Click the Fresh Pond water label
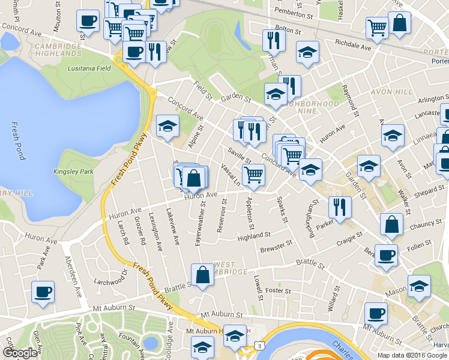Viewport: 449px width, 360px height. pyautogui.click(x=17, y=142)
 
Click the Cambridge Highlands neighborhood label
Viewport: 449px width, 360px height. pyautogui.click(x=58, y=50)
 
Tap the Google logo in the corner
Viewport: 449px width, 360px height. pyautogui.click(x=20, y=353)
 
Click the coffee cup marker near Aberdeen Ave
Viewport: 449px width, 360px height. pyautogui.click(x=43, y=292)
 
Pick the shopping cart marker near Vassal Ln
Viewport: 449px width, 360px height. pyautogui.click(x=254, y=175)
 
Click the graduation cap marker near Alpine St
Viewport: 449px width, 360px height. pyautogui.click(x=167, y=126)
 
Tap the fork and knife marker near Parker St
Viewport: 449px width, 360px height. pyautogui.click(x=340, y=207)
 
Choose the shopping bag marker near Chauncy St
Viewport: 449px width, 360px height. pyautogui.click(x=391, y=224)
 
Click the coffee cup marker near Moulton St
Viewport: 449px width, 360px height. pyautogui.click(x=88, y=21)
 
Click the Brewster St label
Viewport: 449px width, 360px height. pyautogui.click(x=276, y=246)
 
